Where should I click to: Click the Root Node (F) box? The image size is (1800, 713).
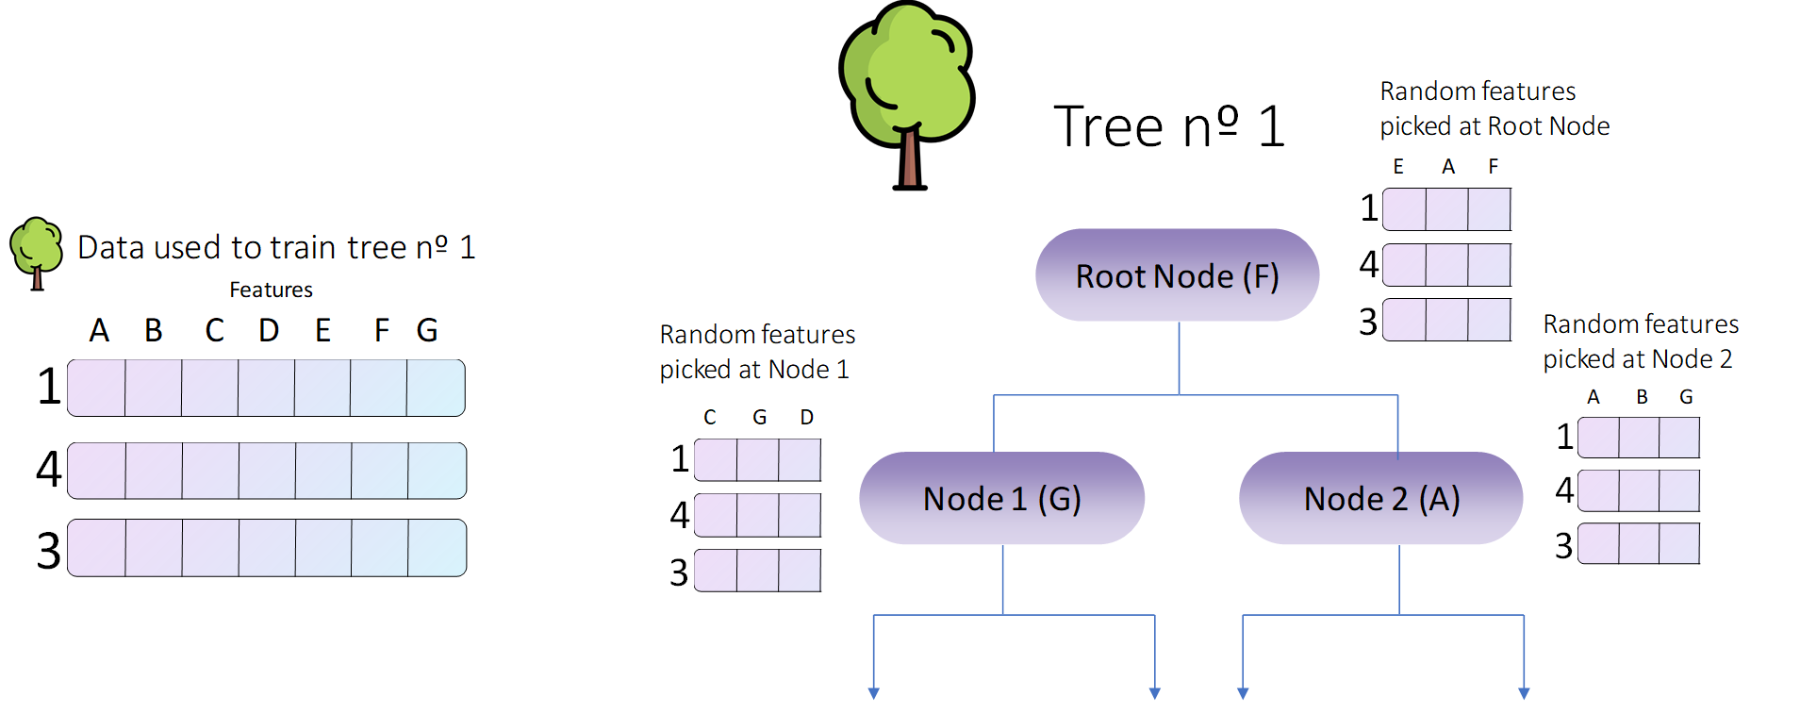pos(1177,275)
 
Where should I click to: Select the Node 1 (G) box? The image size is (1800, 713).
pos(1001,498)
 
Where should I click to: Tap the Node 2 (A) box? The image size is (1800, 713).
pos(1380,498)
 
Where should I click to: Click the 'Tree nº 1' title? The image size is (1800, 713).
pos(1169,127)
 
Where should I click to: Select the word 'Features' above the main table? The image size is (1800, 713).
pos(271,290)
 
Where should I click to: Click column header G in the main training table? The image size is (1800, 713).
pos(427,330)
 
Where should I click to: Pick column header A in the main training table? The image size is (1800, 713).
pos(99,330)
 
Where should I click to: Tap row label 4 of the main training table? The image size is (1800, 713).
pos(48,469)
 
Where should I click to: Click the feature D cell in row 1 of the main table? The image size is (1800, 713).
pos(266,388)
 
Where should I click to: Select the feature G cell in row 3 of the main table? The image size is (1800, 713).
pos(437,548)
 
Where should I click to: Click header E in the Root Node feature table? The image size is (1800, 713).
pos(1398,167)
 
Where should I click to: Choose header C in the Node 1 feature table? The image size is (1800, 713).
pos(710,417)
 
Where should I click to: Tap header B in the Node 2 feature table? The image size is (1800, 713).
pos(1642,397)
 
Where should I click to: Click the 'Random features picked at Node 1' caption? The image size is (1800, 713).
pos(756,352)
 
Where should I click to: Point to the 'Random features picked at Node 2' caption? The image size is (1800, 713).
pos(1641,341)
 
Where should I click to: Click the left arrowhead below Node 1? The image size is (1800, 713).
pos(874,693)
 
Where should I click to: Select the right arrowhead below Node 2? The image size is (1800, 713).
pos(1524,693)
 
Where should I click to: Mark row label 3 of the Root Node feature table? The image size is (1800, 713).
pos(1368,322)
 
